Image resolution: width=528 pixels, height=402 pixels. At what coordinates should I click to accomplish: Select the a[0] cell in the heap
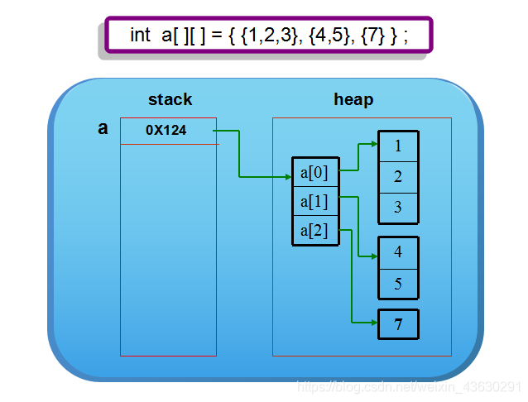tap(314, 174)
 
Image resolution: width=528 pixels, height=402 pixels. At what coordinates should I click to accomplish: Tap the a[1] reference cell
tap(314, 202)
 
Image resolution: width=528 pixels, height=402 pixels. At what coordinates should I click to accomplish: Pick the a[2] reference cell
tap(314, 230)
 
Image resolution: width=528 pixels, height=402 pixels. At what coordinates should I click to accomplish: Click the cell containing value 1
tap(398, 146)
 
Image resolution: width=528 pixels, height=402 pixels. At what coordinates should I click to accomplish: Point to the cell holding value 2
tap(398, 176)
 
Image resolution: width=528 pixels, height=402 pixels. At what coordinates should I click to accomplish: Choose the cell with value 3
tap(398, 207)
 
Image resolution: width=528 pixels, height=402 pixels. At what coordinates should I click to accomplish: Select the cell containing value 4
tap(398, 252)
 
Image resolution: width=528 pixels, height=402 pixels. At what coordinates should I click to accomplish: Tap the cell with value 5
tap(398, 284)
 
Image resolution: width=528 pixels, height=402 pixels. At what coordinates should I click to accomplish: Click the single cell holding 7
tap(398, 324)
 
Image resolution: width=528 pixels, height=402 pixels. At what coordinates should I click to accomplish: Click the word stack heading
tap(170, 100)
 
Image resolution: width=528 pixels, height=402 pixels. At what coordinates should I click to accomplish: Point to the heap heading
tap(353, 100)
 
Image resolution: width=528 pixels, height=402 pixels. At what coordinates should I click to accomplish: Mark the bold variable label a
tap(103, 128)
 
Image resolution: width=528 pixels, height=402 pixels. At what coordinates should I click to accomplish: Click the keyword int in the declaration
tap(140, 36)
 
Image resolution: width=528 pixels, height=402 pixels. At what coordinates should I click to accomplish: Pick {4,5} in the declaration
tap(334, 36)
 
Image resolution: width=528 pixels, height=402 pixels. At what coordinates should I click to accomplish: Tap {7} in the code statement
tap(378, 36)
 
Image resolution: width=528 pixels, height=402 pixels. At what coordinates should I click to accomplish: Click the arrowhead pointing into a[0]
tap(287, 175)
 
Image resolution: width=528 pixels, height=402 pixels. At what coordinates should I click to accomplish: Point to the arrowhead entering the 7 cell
tap(373, 323)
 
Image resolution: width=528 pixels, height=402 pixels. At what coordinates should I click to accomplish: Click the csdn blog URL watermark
tap(409, 386)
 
